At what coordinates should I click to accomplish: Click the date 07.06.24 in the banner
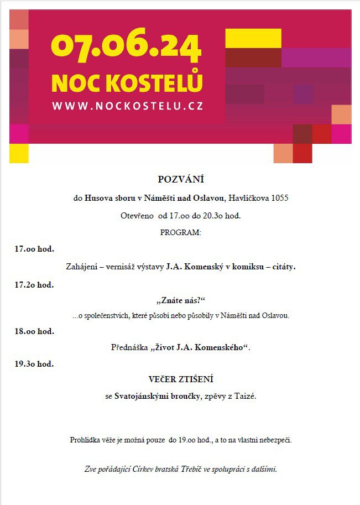point(126,48)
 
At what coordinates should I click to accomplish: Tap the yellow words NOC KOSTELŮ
point(127,83)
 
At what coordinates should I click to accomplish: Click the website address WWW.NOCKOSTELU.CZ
point(127,106)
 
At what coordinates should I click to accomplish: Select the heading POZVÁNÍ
point(181,179)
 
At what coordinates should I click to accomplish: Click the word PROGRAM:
point(181,232)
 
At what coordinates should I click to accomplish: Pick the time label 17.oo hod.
point(34,249)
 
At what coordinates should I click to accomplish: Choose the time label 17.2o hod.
point(34,285)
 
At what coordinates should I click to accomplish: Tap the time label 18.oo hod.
point(34,331)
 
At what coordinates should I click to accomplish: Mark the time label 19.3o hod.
point(34,364)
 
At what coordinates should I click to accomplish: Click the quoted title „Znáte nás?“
point(181,300)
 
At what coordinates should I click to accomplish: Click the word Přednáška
point(129,347)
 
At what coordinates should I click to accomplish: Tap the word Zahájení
point(82,267)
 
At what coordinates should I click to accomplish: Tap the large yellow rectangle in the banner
point(253,39)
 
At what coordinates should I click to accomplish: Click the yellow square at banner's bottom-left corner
point(19,153)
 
